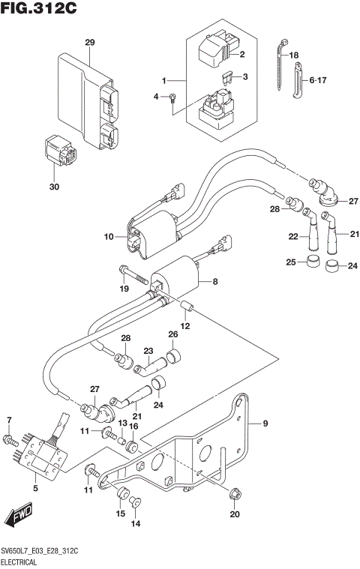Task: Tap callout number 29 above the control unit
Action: (x=90, y=42)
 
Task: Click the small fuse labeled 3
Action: (x=225, y=76)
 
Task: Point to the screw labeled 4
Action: (x=172, y=97)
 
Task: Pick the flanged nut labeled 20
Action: (x=235, y=493)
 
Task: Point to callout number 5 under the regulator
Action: (x=34, y=488)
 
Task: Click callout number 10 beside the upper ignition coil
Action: (x=109, y=237)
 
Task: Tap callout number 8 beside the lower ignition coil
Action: (x=215, y=283)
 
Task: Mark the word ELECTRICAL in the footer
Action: (x=22, y=560)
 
